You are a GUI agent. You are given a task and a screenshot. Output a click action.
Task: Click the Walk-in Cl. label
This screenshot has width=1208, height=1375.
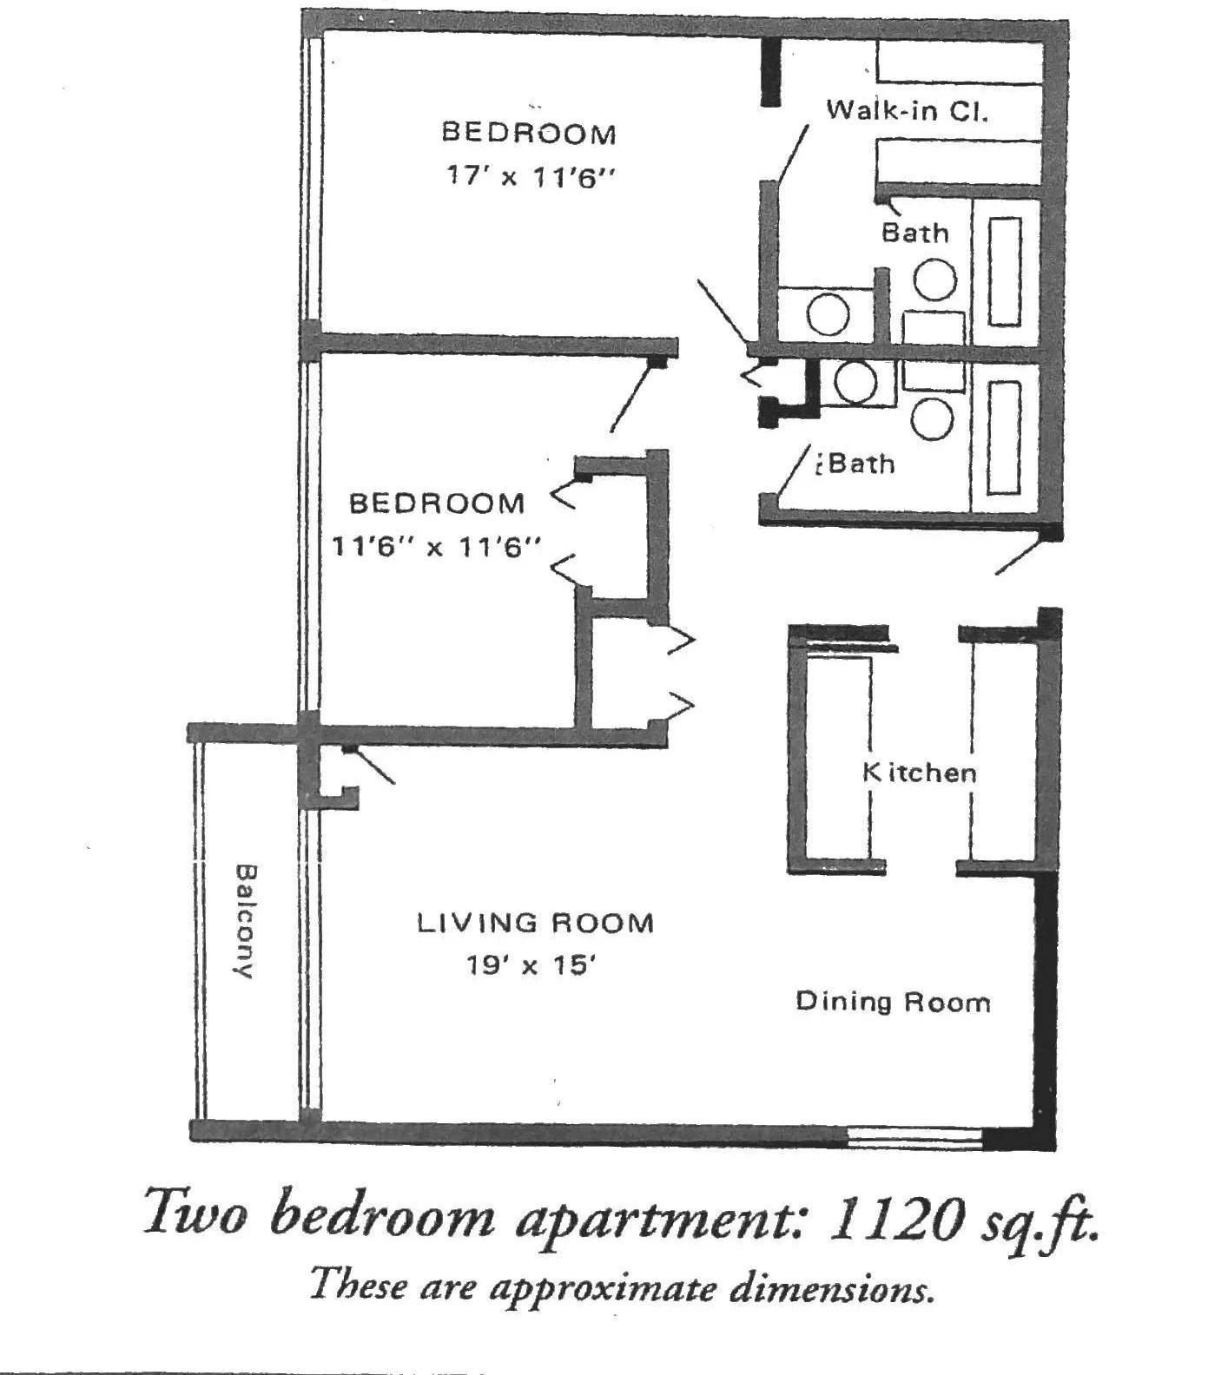[x=907, y=110]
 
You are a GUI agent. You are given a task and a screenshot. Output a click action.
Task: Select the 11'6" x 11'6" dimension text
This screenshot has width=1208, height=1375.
[x=436, y=547]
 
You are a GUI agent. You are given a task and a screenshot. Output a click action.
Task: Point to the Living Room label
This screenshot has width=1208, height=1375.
[x=535, y=922]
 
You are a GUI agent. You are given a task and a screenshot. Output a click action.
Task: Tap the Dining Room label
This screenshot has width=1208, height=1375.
[x=893, y=1002]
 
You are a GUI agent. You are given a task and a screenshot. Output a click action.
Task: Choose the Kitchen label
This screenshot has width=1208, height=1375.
[x=919, y=772]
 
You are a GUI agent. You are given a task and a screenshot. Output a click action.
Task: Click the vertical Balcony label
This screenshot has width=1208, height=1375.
[x=246, y=920]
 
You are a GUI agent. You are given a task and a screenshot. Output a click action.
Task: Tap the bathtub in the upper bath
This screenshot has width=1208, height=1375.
[x=1005, y=271]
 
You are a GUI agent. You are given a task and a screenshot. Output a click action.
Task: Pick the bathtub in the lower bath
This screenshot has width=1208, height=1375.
[x=1003, y=437]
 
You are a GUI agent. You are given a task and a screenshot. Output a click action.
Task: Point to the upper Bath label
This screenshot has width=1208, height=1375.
[x=914, y=232]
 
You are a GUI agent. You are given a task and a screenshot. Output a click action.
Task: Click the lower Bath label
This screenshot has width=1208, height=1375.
[x=860, y=464]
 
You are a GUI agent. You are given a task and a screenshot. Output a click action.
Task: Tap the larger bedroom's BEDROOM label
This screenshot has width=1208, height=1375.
[x=529, y=133]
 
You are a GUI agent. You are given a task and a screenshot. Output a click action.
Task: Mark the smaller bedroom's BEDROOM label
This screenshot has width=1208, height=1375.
[x=436, y=503]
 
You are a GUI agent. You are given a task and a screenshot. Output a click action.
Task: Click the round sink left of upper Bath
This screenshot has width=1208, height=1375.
[x=828, y=313]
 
